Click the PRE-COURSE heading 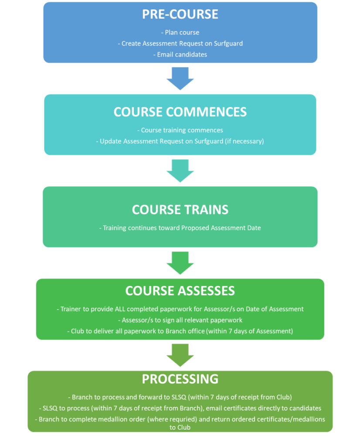coord(180,14)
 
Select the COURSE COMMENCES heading coord(180,112)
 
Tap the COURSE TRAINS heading coord(180,210)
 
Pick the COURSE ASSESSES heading coord(180,291)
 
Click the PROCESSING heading coord(180,379)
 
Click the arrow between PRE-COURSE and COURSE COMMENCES coord(180,78)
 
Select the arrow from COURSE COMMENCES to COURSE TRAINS coord(180,170)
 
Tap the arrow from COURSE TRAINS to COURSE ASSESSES coord(180,263)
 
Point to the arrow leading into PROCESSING coord(180,355)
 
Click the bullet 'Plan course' coord(180,32)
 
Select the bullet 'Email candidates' coord(180,54)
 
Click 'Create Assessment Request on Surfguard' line coord(180,43)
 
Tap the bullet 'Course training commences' coord(180,130)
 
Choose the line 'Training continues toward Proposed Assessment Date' coord(180,228)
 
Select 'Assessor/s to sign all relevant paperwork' coord(180,320)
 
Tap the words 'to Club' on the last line coord(180,428)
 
